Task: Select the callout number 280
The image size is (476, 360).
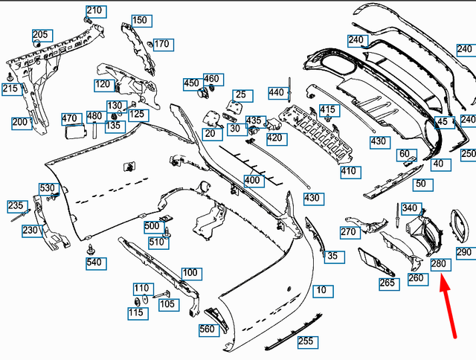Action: (439, 264)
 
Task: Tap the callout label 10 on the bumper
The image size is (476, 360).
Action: (321, 289)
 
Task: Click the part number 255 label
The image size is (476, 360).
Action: (306, 341)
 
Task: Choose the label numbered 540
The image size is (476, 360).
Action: (94, 263)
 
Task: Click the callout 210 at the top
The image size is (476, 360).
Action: (94, 11)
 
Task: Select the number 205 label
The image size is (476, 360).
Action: (40, 34)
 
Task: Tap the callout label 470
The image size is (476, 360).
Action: (70, 118)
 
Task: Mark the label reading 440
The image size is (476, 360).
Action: (277, 92)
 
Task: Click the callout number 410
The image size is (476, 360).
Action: (349, 171)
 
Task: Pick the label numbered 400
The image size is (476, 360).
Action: (253, 181)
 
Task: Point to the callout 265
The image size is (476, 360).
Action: (387, 283)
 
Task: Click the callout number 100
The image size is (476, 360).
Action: (190, 273)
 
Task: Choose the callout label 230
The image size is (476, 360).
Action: (30, 231)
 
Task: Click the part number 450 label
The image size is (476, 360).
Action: (191, 83)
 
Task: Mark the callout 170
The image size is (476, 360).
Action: (161, 44)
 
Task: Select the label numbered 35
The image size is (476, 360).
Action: (332, 256)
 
